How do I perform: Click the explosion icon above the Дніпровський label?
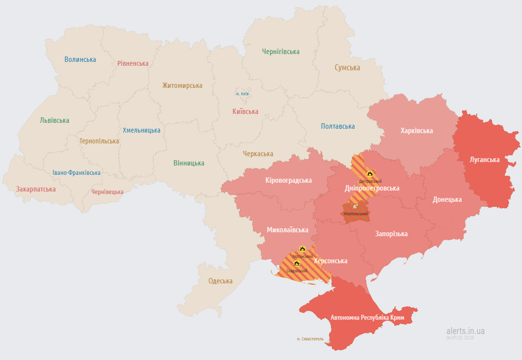click(370, 173)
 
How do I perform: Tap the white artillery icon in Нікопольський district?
click(356, 206)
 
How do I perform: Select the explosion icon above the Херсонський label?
click(302, 249)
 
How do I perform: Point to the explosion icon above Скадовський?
click(297, 263)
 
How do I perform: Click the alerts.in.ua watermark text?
click(466, 331)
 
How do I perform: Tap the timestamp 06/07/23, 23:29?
click(460, 338)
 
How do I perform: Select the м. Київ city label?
click(242, 93)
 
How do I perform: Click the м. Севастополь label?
click(310, 339)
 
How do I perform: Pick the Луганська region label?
click(484, 160)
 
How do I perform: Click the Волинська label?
click(80, 59)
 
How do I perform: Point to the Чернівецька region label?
click(107, 192)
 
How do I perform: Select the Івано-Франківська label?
click(77, 173)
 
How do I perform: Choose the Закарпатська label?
click(36, 189)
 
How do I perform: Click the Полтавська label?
click(338, 126)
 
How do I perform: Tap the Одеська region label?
click(220, 281)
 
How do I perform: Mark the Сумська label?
click(347, 68)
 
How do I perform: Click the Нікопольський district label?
click(356, 214)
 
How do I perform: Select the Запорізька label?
click(391, 234)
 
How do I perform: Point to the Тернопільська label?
click(99, 141)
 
